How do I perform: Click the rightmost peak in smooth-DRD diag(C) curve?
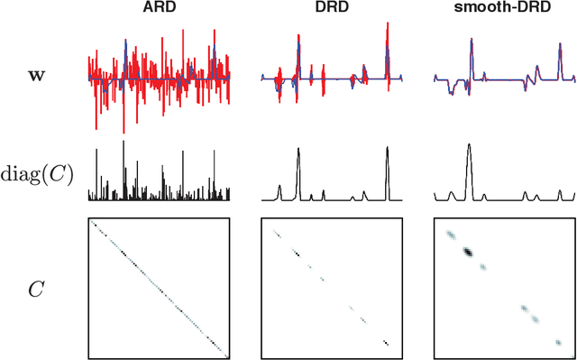click(x=560, y=190)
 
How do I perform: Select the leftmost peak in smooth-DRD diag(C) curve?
click(x=451, y=193)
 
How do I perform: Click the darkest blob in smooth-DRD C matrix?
click(x=467, y=253)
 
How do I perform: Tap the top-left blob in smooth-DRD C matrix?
click(x=449, y=235)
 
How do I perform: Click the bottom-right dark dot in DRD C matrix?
click(x=386, y=342)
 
